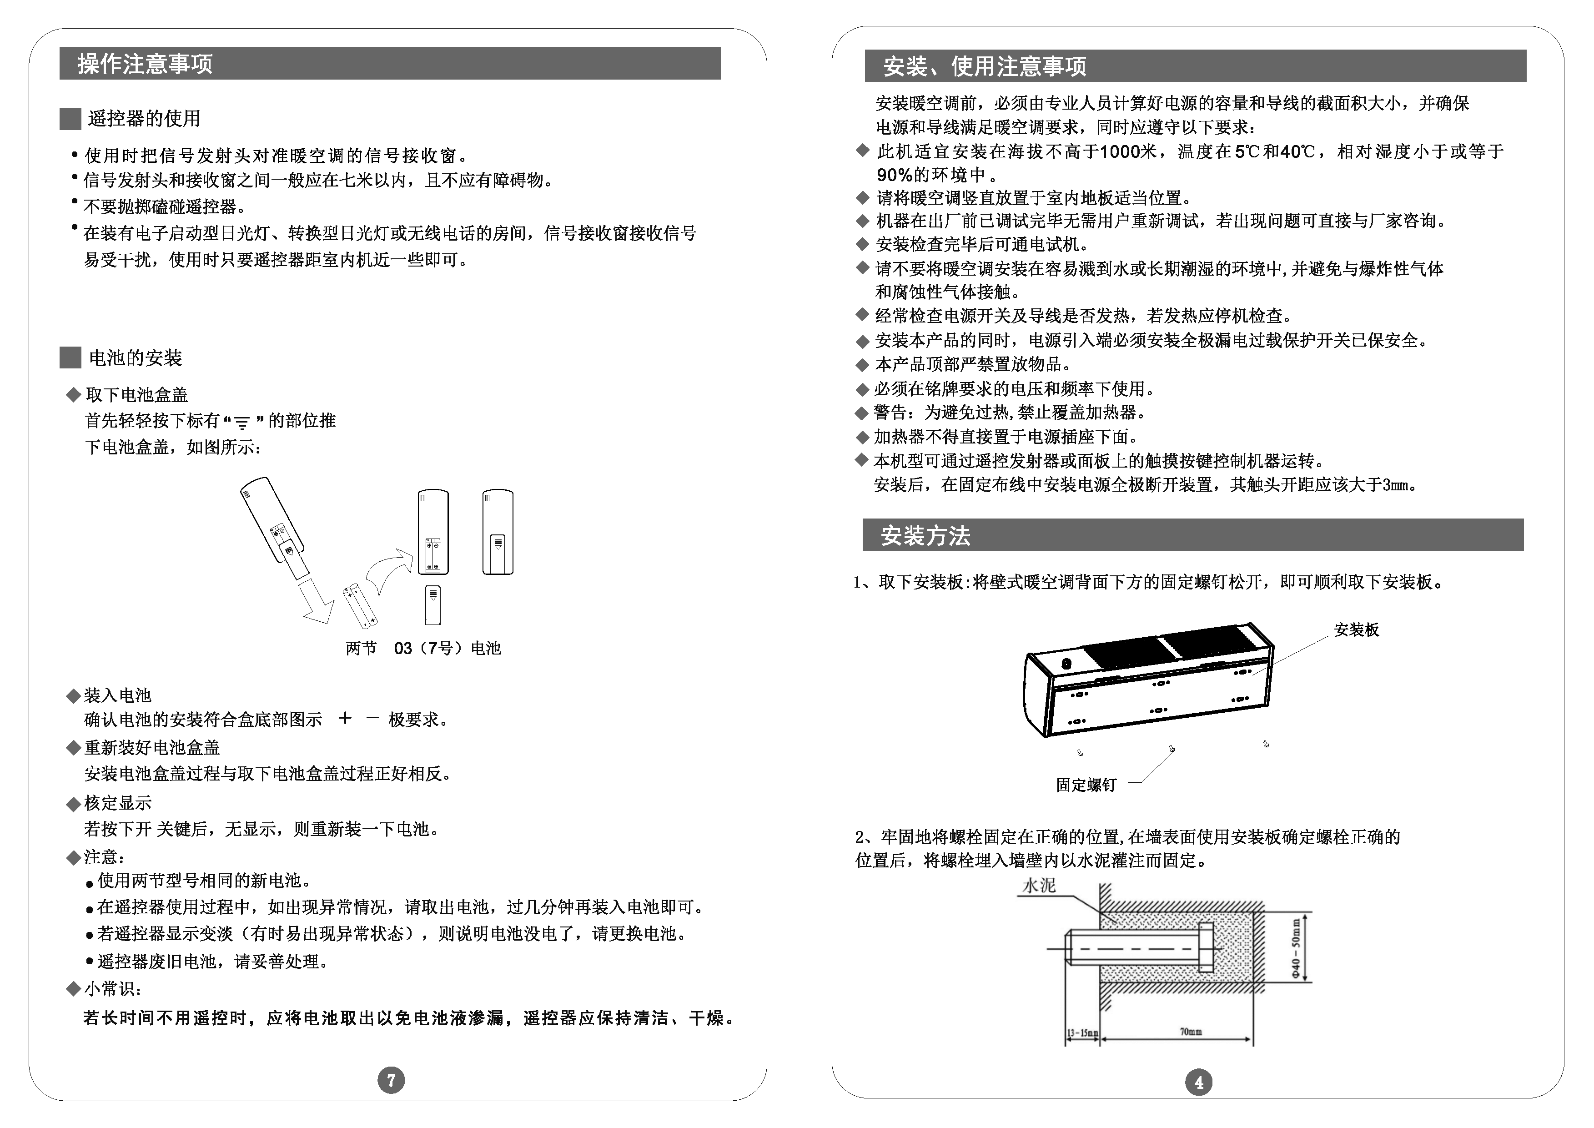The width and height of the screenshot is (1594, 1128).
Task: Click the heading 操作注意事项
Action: pos(145,64)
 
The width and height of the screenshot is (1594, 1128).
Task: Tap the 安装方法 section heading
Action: pos(925,535)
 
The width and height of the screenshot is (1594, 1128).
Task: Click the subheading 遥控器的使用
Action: pos(144,119)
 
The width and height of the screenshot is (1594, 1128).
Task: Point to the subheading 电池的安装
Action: pos(136,358)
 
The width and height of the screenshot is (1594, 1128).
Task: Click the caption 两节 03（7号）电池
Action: pos(423,648)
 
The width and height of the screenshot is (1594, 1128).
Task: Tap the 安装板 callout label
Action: pos(1356,630)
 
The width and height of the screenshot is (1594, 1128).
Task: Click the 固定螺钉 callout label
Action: pos(1086,785)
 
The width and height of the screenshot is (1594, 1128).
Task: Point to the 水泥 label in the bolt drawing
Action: pos(1039,886)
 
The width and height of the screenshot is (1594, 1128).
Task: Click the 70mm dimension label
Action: pos(1191,1032)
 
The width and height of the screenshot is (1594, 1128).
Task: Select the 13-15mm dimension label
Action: pos(1082,1033)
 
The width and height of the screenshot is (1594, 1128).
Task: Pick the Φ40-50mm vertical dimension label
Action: pos(1296,948)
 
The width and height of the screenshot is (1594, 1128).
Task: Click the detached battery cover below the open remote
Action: pos(432,604)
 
